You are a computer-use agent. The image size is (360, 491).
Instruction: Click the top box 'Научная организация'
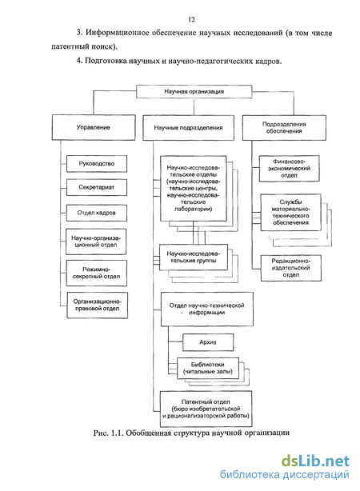click(x=194, y=91)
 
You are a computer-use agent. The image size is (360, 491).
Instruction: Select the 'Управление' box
click(x=94, y=127)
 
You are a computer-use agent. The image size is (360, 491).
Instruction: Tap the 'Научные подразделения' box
click(x=188, y=128)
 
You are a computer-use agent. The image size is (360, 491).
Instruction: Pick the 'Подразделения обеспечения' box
click(x=284, y=127)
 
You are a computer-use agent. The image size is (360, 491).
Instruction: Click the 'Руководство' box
click(x=97, y=163)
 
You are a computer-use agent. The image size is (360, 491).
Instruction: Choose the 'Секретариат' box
click(x=97, y=187)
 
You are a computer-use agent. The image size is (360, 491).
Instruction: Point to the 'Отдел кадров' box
click(x=97, y=213)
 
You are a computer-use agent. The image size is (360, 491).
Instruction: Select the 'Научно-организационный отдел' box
click(x=96, y=242)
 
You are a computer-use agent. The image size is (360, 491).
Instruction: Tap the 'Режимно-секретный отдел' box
click(x=97, y=273)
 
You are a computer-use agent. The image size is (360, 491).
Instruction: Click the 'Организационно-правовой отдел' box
click(x=98, y=305)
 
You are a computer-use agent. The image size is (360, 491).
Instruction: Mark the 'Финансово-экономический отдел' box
click(x=289, y=169)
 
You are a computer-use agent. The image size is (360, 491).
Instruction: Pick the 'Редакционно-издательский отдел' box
click(x=291, y=268)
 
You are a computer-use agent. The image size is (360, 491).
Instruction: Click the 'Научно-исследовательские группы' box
click(x=194, y=257)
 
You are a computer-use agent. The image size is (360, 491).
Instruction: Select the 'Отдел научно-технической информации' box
click(x=206, y=309)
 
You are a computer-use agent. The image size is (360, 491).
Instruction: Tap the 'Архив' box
click(x=208, y=342)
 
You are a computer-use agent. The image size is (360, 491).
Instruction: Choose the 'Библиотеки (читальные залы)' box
click(x=208, y=368)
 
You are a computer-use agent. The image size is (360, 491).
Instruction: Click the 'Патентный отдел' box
click(x=206, y=409)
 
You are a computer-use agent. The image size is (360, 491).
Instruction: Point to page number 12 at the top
click(x=192, y=19)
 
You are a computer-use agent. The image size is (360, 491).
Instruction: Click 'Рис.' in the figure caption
click(x=101, y=433)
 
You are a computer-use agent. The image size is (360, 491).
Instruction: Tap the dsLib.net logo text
click(x=315, y=461)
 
